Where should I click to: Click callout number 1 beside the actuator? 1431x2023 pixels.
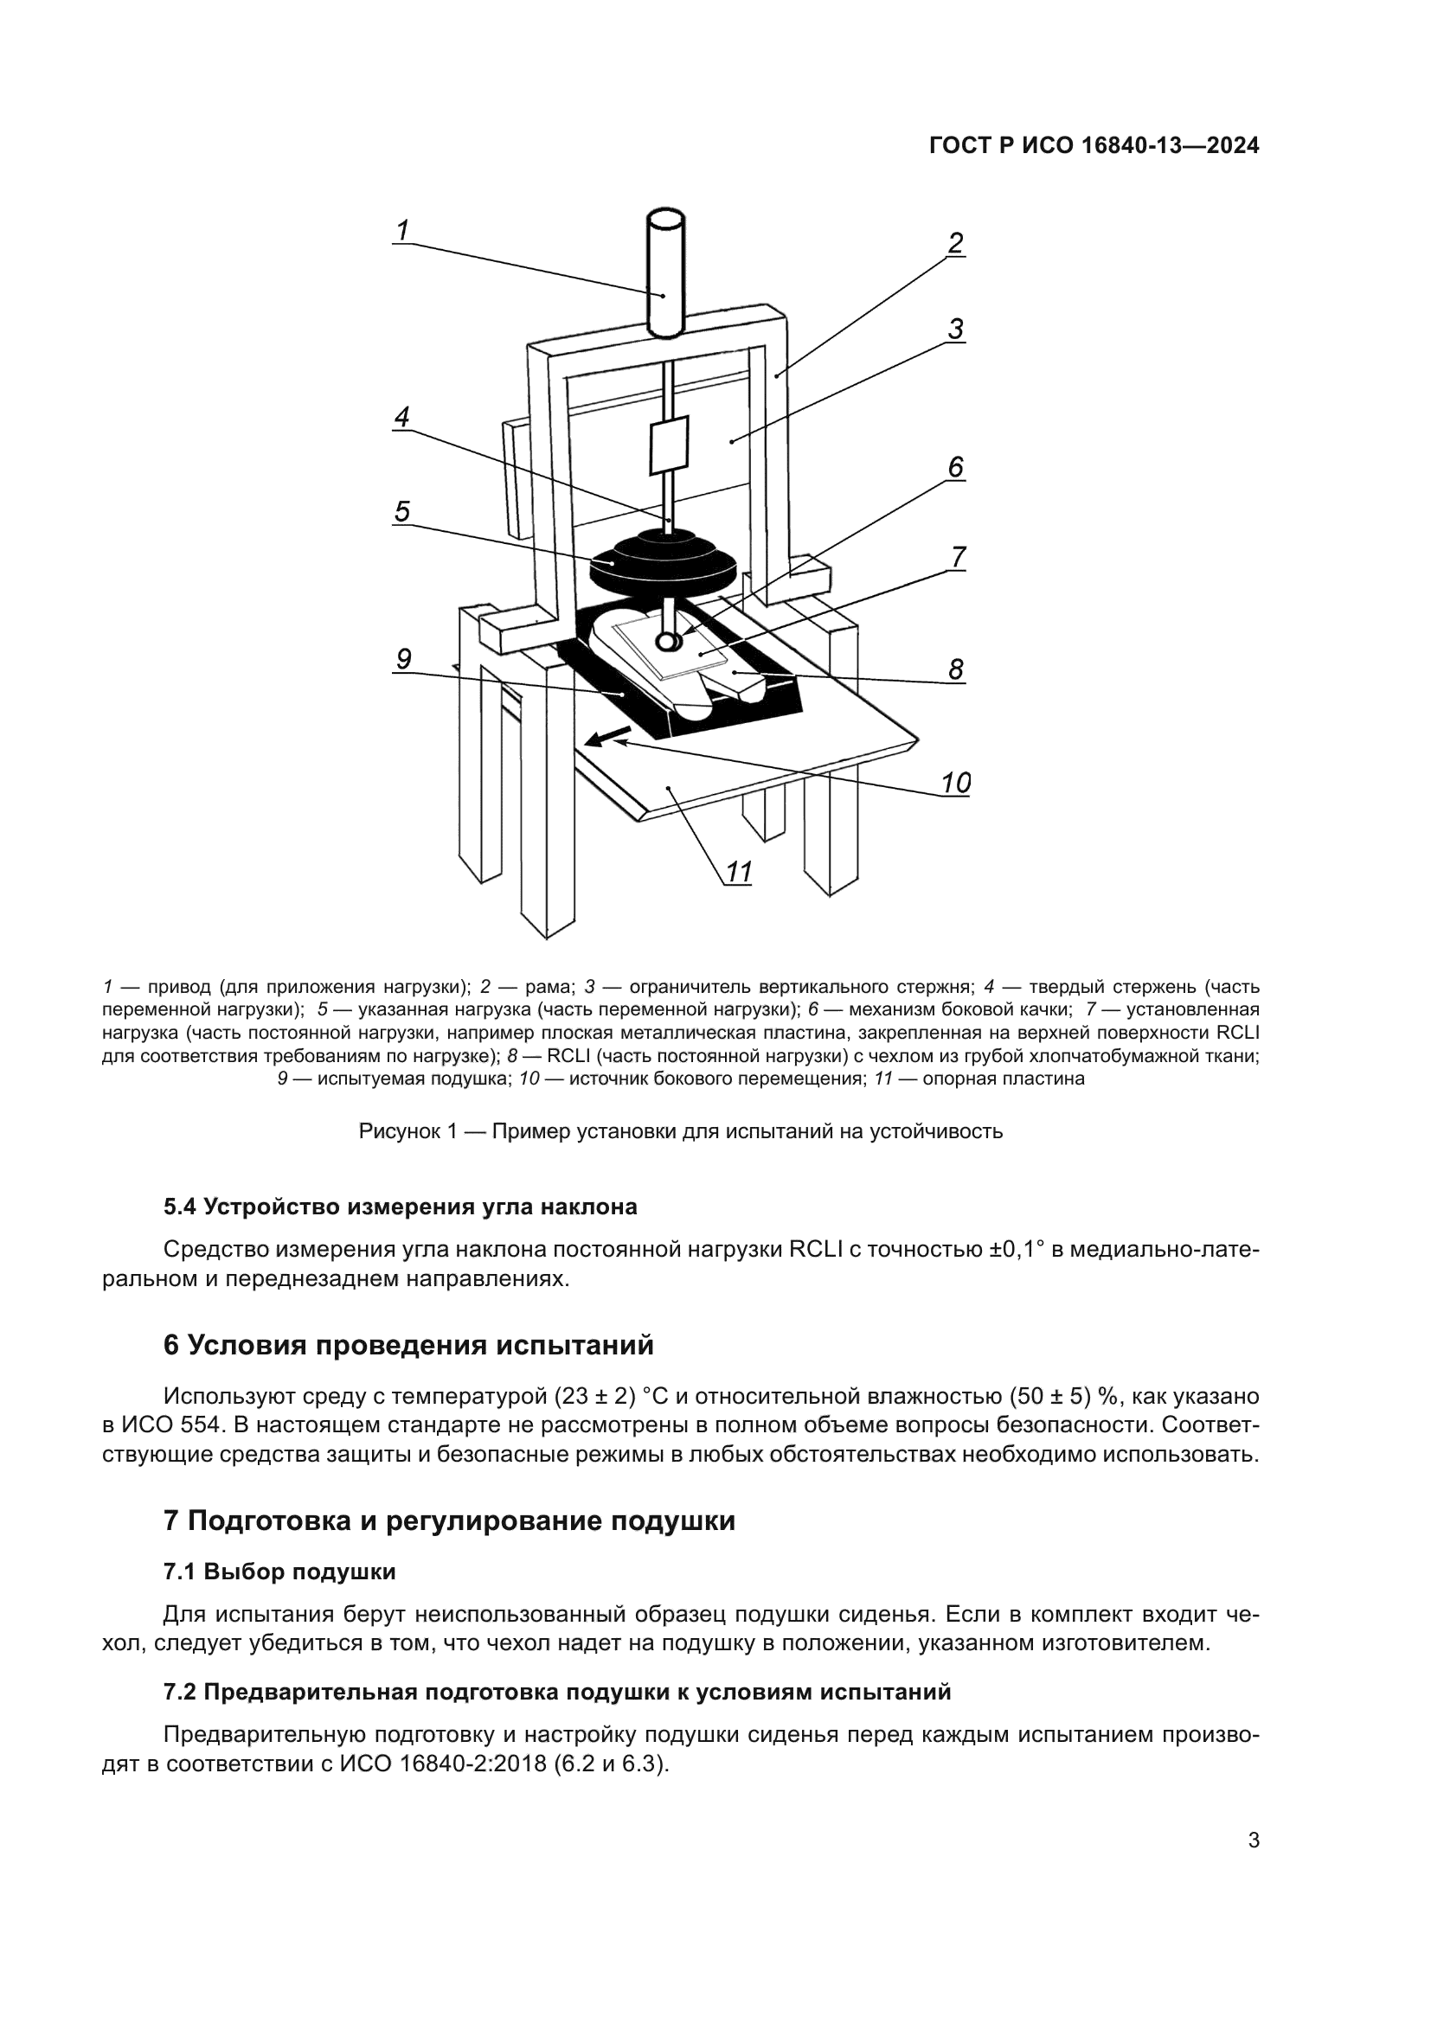[x=402, y=231]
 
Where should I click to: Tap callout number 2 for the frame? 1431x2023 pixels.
[x=956, y=243]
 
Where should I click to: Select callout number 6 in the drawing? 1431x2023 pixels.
[x=956, y=467]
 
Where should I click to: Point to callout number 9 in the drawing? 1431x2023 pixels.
[x=403, y=659]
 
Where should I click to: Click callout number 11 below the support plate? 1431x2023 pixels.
[x=738, y=873]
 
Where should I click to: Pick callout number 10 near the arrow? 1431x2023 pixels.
[x=956, y=783]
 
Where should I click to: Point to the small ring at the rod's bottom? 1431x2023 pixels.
[x=666, y=643]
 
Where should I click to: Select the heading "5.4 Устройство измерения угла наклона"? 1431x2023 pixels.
[x=400, y=1207]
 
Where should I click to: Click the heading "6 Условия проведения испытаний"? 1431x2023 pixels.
[x=409, y=1346]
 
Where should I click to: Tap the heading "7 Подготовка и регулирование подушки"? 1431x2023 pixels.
[x=449, y=1520]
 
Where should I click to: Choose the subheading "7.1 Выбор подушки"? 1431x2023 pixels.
[x=279, y=1572]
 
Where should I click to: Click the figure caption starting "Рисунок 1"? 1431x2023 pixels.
[x=680, y=1131]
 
